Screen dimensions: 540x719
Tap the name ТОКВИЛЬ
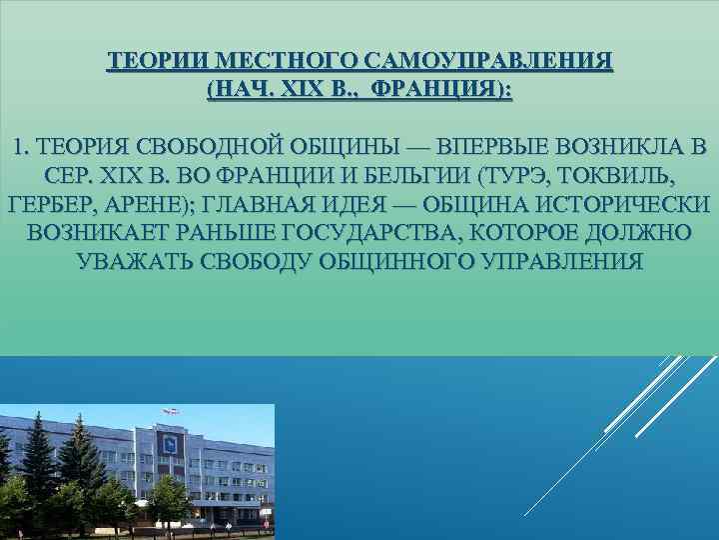[618, 178]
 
